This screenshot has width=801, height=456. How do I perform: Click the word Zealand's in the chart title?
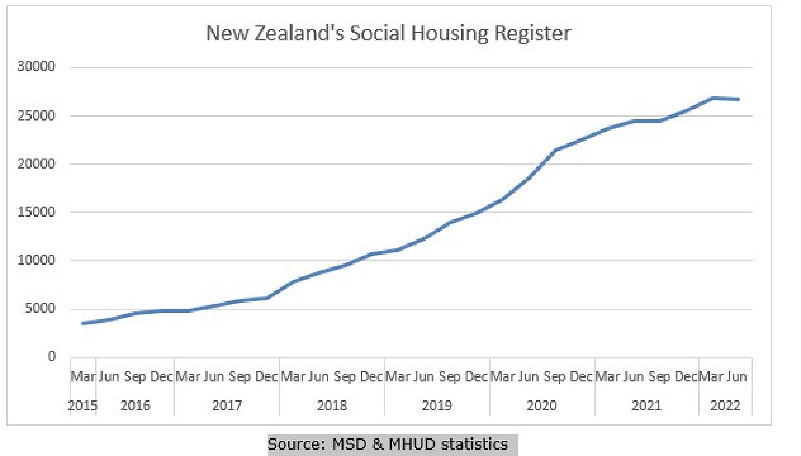pyautogui.click(x=299, y=33)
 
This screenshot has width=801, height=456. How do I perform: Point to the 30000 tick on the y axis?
pyautogui.click(x=36, y=66)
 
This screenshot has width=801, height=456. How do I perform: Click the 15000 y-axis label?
pyautogui.click(x=36, y=212)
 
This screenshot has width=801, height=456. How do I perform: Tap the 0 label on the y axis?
pyautogui.click(x=52, y=356)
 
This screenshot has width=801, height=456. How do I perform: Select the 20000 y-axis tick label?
pyautogui.click(x=36, y=164)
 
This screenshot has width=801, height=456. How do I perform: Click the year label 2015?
pyautogui.click(x=83, y=406)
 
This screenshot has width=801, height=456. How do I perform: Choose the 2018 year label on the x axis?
pyautogui.click(x=332, y=406)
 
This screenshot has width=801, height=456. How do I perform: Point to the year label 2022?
pyautogui.click(x=725, y=406)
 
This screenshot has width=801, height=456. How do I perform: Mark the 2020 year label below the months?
pyautogui.click(x=541, y=406)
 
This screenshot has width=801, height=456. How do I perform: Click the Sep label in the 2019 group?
pyautogui.click(x=449, y=377)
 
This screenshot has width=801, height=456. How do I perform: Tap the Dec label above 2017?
pyautogui.click(x=266, y=377)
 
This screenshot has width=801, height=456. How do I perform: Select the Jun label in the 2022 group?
pyautogui.click(x=737, y=377)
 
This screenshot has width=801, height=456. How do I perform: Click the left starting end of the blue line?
pyautogui.click(x=83, y=323)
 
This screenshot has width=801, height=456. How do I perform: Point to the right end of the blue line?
pyautogui.click(x=739, y=99)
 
